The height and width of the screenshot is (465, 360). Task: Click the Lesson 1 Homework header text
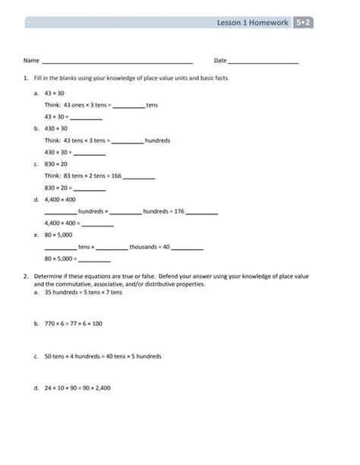pyautogui.click(x=252, y=23)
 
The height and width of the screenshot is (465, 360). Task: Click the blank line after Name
pyautogui.click(x=117, y=62)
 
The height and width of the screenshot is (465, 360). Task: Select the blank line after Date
pyautogui.click(x=263, y=62)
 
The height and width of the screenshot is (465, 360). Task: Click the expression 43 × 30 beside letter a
pyautogui.click(x=54, y=92)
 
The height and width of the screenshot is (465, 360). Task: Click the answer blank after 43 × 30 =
pyautogui.click(x=86, y=118)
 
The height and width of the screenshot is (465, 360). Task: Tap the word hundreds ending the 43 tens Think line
pyautogui.click(x=157, y=141)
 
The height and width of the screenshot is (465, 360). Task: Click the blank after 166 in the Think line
pyautogui.click(x=139, y=176)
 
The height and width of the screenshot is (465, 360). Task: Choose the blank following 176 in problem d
pyautogui.click(x=202, y=212)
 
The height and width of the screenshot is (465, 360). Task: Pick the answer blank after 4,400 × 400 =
pyautogui.click(x=97, y=224)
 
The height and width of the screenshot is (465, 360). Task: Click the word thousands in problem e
pyautogui.click(x=144, y=247)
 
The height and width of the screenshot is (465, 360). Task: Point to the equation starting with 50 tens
pyautogui.click(x=103, y=356)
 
